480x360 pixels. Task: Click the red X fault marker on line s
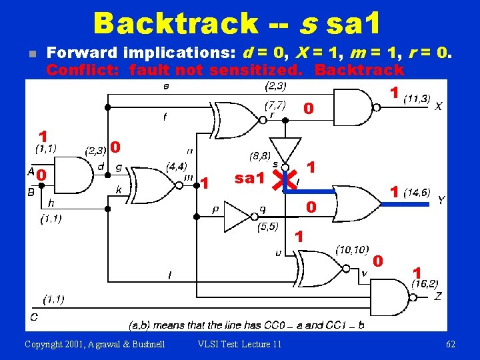(x=289, y=178)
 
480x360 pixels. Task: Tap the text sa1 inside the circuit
(x=251, y=178)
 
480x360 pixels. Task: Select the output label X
(x=438, y=106)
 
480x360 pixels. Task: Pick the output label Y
(x=441, y=199)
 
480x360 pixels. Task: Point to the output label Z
(x=437, y=296)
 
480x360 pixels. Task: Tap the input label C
(x=33, y=316)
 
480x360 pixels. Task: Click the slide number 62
(x=451, y=344)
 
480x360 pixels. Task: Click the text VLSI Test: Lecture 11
(x=240, y=344)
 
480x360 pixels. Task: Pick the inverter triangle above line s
(x=285, y=149)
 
